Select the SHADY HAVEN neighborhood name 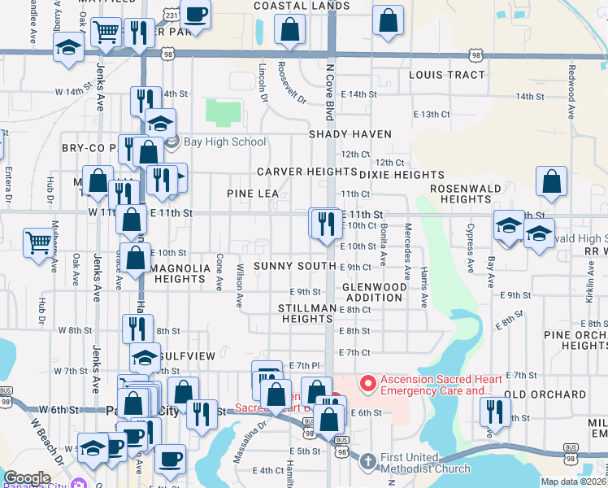tap(350, 133)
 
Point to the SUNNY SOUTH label tap(294, 266)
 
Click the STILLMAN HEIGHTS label tap(307, 314)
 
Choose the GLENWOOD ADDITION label tap(374, 293)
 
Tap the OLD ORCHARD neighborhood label tap(545, 394)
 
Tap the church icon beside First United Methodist tap(367, 461)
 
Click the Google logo tap(27, 478)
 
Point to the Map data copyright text tap(574, 481)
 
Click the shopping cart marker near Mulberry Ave tap(37, 242)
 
